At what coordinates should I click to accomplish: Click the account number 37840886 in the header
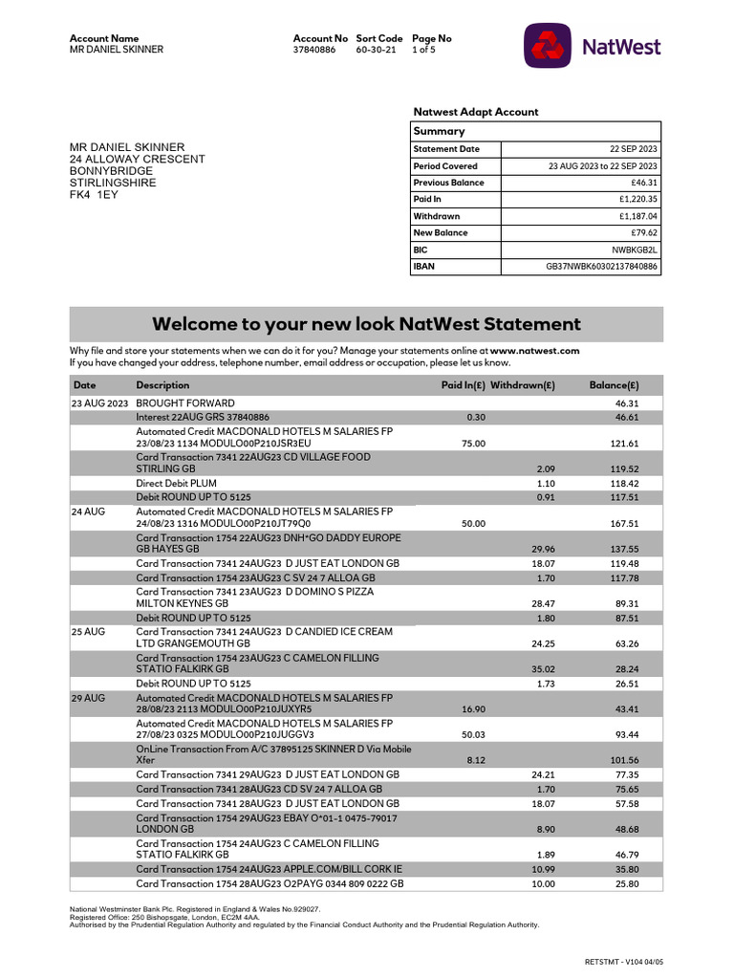click(x=314, y=50)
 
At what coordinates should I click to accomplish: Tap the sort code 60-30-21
click(x=376, y=50)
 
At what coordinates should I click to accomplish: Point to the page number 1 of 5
click(x=423, y=50)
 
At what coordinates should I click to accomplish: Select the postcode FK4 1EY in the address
click(x=94, y=194)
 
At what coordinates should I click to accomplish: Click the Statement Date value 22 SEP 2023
click(x=633, y=149)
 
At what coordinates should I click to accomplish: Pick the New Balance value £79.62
click(x=643, y=232)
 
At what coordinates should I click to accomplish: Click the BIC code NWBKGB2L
click(x=636, y=250)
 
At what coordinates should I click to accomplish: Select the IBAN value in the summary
click(x=601, y=267)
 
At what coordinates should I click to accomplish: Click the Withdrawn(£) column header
click(x=522, y=384)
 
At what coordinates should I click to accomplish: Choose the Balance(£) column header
click(x=614, y=384)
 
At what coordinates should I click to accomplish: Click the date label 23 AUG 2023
click(x=100, y=403)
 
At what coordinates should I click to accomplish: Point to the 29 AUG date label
click(x=88, y=698)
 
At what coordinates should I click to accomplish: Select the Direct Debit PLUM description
click(x=176, y=484)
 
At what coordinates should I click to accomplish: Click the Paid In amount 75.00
click(x=473, y=444)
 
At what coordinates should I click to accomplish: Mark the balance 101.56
click(x=624, y=760)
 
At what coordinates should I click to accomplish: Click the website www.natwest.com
click(x=535, y=351)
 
